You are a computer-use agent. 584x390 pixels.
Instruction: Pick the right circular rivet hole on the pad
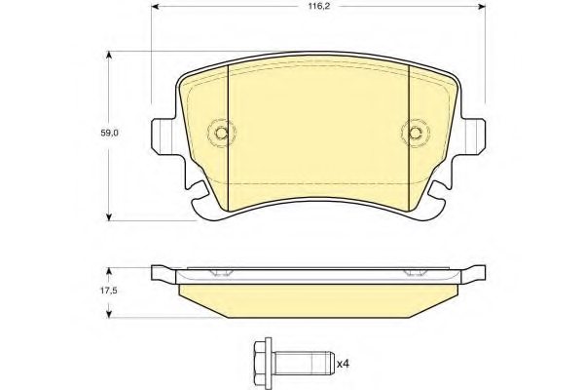coord(414,133)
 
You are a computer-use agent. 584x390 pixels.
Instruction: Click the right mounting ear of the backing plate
coord(474,135)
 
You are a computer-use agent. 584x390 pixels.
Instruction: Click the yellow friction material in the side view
coord(318,297)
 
